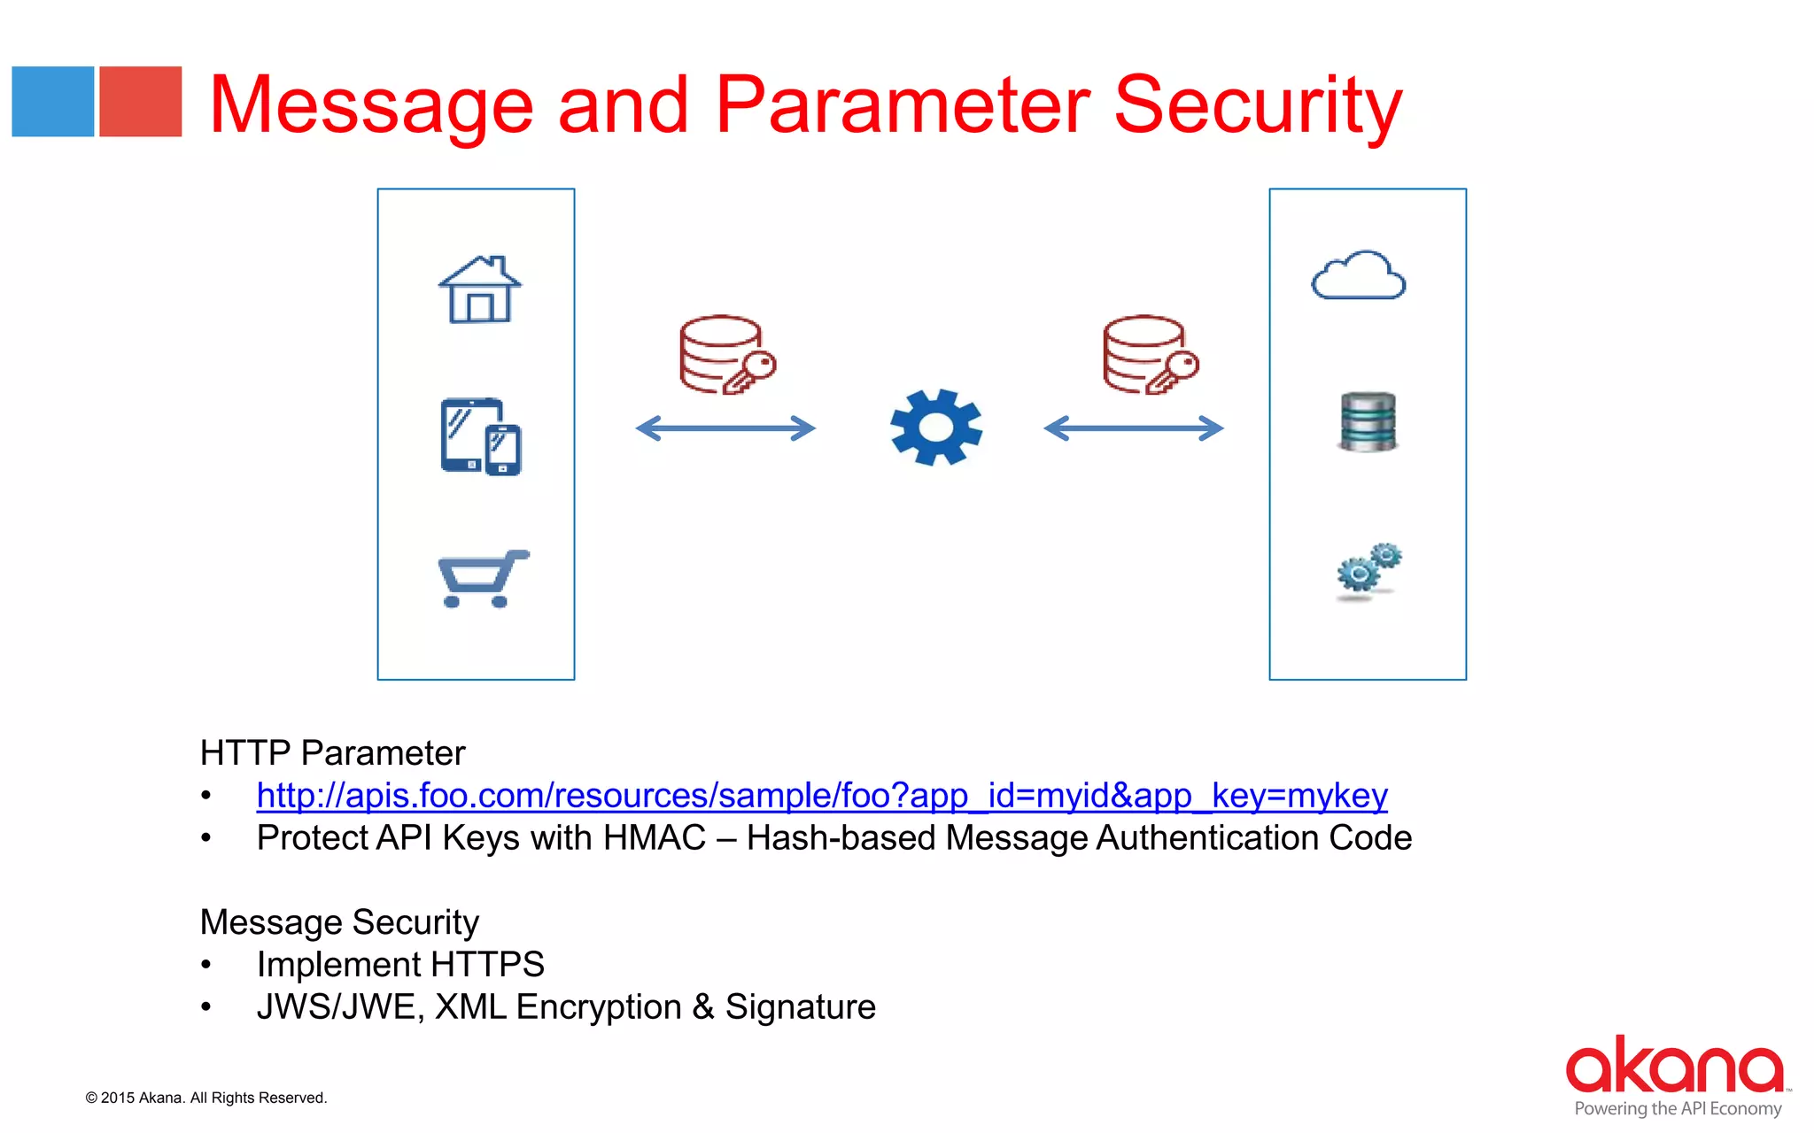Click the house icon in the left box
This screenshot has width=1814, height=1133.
pyautogui.click(x=480, y=290)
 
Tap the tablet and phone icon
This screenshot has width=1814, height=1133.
pyautogui.click(x=481, y=436)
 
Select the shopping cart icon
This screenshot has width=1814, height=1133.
pyautogui.click(x=483, y=579)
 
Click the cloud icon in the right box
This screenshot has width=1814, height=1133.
pyautogui.click(x=1358, y=277)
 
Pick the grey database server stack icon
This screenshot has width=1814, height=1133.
pyautogui.click(x=1368, y=422)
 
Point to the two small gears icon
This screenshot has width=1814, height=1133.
pyautogui.click(x=1368, y=570)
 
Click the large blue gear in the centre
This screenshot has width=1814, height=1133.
pyautogui.click(x=936, y=428)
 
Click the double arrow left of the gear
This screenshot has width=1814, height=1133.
pyautogui.click(x=725, y=428)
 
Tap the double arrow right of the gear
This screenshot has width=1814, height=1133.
pyautogui.click(x=1134, y=428)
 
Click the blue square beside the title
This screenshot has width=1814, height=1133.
pyautogui.click(x=53, y=102)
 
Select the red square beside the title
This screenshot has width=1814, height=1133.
pyautogui.click(x=140, y=102)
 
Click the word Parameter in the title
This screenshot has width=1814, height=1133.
pyautogui.click(x=902, y=106)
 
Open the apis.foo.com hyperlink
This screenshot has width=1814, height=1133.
pyautogui.click(x=821, y=796)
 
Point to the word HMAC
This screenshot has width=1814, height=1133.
pyautogui.click(x=654, y=838)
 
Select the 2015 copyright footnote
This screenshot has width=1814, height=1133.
pyautogui.click(x=206, y=1098)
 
